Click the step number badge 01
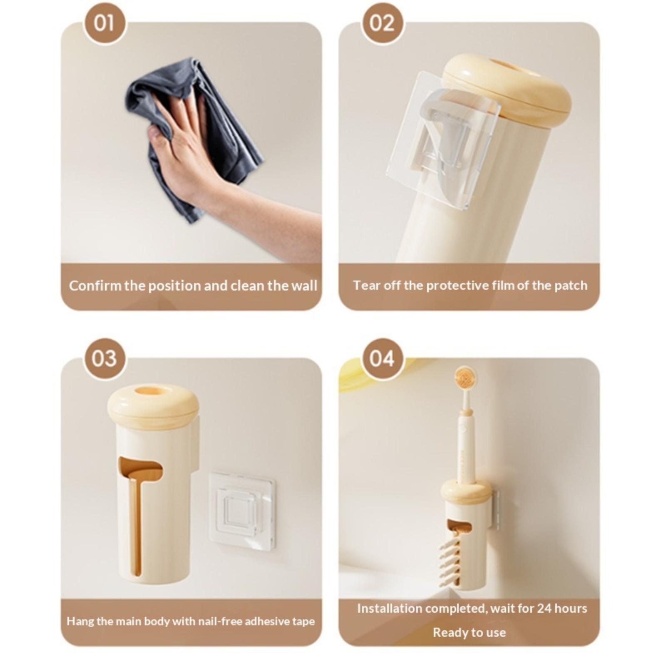(104, 23)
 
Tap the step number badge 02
(382, 23)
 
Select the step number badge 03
(104, 358)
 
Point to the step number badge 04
(382, 358)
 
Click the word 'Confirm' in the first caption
(95, 286)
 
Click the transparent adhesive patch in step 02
(443, 139)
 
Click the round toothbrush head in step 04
(465, 378)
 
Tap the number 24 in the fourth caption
(544, 609)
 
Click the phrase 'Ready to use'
(469, 633)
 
